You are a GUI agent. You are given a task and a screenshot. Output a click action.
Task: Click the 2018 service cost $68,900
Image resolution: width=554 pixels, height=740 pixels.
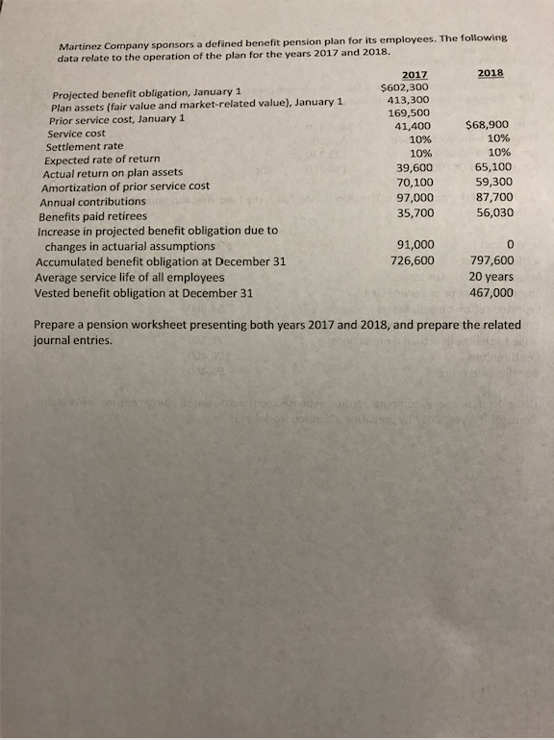point(488,124)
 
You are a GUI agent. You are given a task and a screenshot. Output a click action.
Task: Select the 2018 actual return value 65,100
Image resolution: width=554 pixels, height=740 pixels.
point(491,166)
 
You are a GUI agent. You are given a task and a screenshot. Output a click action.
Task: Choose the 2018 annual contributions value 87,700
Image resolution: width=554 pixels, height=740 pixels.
point(491,196)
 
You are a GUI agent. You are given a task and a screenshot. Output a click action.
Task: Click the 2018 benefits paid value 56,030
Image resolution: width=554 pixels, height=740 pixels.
point(491,212)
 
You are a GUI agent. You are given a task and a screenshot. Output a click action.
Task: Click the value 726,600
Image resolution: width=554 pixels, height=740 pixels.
point(412,259)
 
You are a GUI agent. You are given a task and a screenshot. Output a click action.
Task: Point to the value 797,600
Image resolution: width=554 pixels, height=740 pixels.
point(491,259)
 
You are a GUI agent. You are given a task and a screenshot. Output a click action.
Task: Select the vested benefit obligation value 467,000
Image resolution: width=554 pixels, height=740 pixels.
point(491,291)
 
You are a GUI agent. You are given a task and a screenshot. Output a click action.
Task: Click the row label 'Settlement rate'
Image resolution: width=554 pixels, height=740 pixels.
point(85,146)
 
